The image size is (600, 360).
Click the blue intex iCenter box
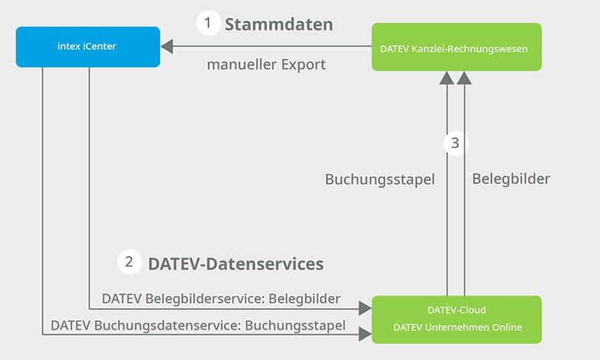[88, 47]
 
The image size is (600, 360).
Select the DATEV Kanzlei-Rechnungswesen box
[456, 47]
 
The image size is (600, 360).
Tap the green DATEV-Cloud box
[456, 319]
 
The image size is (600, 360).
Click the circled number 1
[208, 24]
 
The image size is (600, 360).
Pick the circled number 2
[130, 261]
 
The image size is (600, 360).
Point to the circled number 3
[456, 143]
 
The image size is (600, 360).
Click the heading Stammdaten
[279, 24]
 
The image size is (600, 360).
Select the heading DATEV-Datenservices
[236, 263]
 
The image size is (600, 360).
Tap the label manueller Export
[266, 64]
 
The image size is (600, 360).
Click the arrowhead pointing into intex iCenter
[167, 47]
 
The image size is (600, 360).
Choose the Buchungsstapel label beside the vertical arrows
[380, 179]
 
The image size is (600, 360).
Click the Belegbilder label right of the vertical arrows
[511, 179]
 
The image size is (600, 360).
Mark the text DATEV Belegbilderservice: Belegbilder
[221, 299]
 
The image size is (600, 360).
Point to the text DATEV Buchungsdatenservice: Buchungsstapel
[198, 325]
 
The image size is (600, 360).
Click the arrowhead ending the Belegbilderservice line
[364, 307]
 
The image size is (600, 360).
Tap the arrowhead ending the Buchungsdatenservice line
[364, 335]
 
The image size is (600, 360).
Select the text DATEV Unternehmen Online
[456, 327]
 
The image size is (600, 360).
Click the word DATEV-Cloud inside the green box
[456, 310]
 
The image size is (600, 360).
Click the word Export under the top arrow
[304, 64]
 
